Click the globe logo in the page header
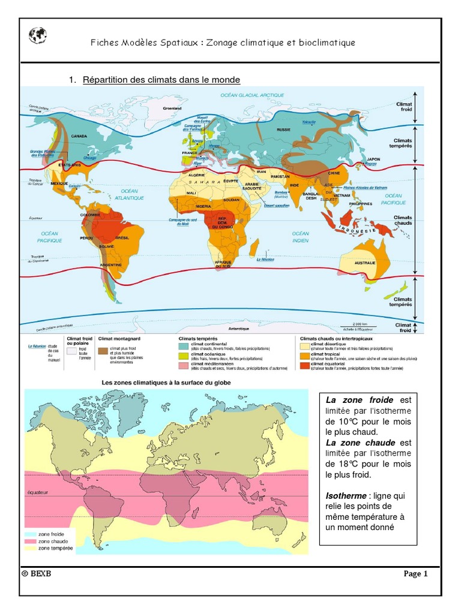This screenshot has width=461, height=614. click(37, 36)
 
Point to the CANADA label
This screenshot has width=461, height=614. click(80, 136)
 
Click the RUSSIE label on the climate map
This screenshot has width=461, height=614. click(283, 130)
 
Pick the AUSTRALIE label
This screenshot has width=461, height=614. click(364, 263)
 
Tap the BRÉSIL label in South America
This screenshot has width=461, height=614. click(122, 238)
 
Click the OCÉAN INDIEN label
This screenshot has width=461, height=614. click(300, 237)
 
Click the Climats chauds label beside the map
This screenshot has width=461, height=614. click(403, 221)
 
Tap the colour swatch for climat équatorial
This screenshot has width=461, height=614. click(305, 365)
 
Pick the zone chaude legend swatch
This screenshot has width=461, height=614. click(30, 540)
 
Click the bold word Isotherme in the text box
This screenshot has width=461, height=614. click(346, 496)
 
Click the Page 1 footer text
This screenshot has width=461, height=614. click(415, 574)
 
